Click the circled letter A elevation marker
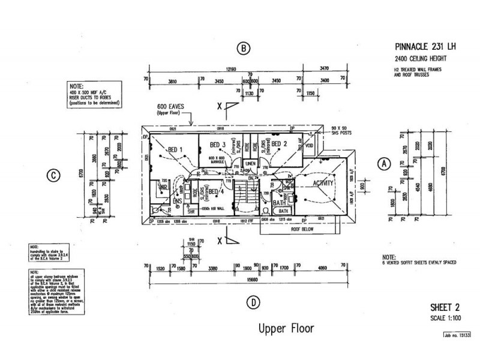coord(385,163)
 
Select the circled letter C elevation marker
coord(53,176)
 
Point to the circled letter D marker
coord(256,301)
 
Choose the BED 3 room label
coord(217,145)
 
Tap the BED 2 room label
coord(279,144)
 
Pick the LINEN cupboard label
coord(250,163)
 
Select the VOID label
coord(309,145)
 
